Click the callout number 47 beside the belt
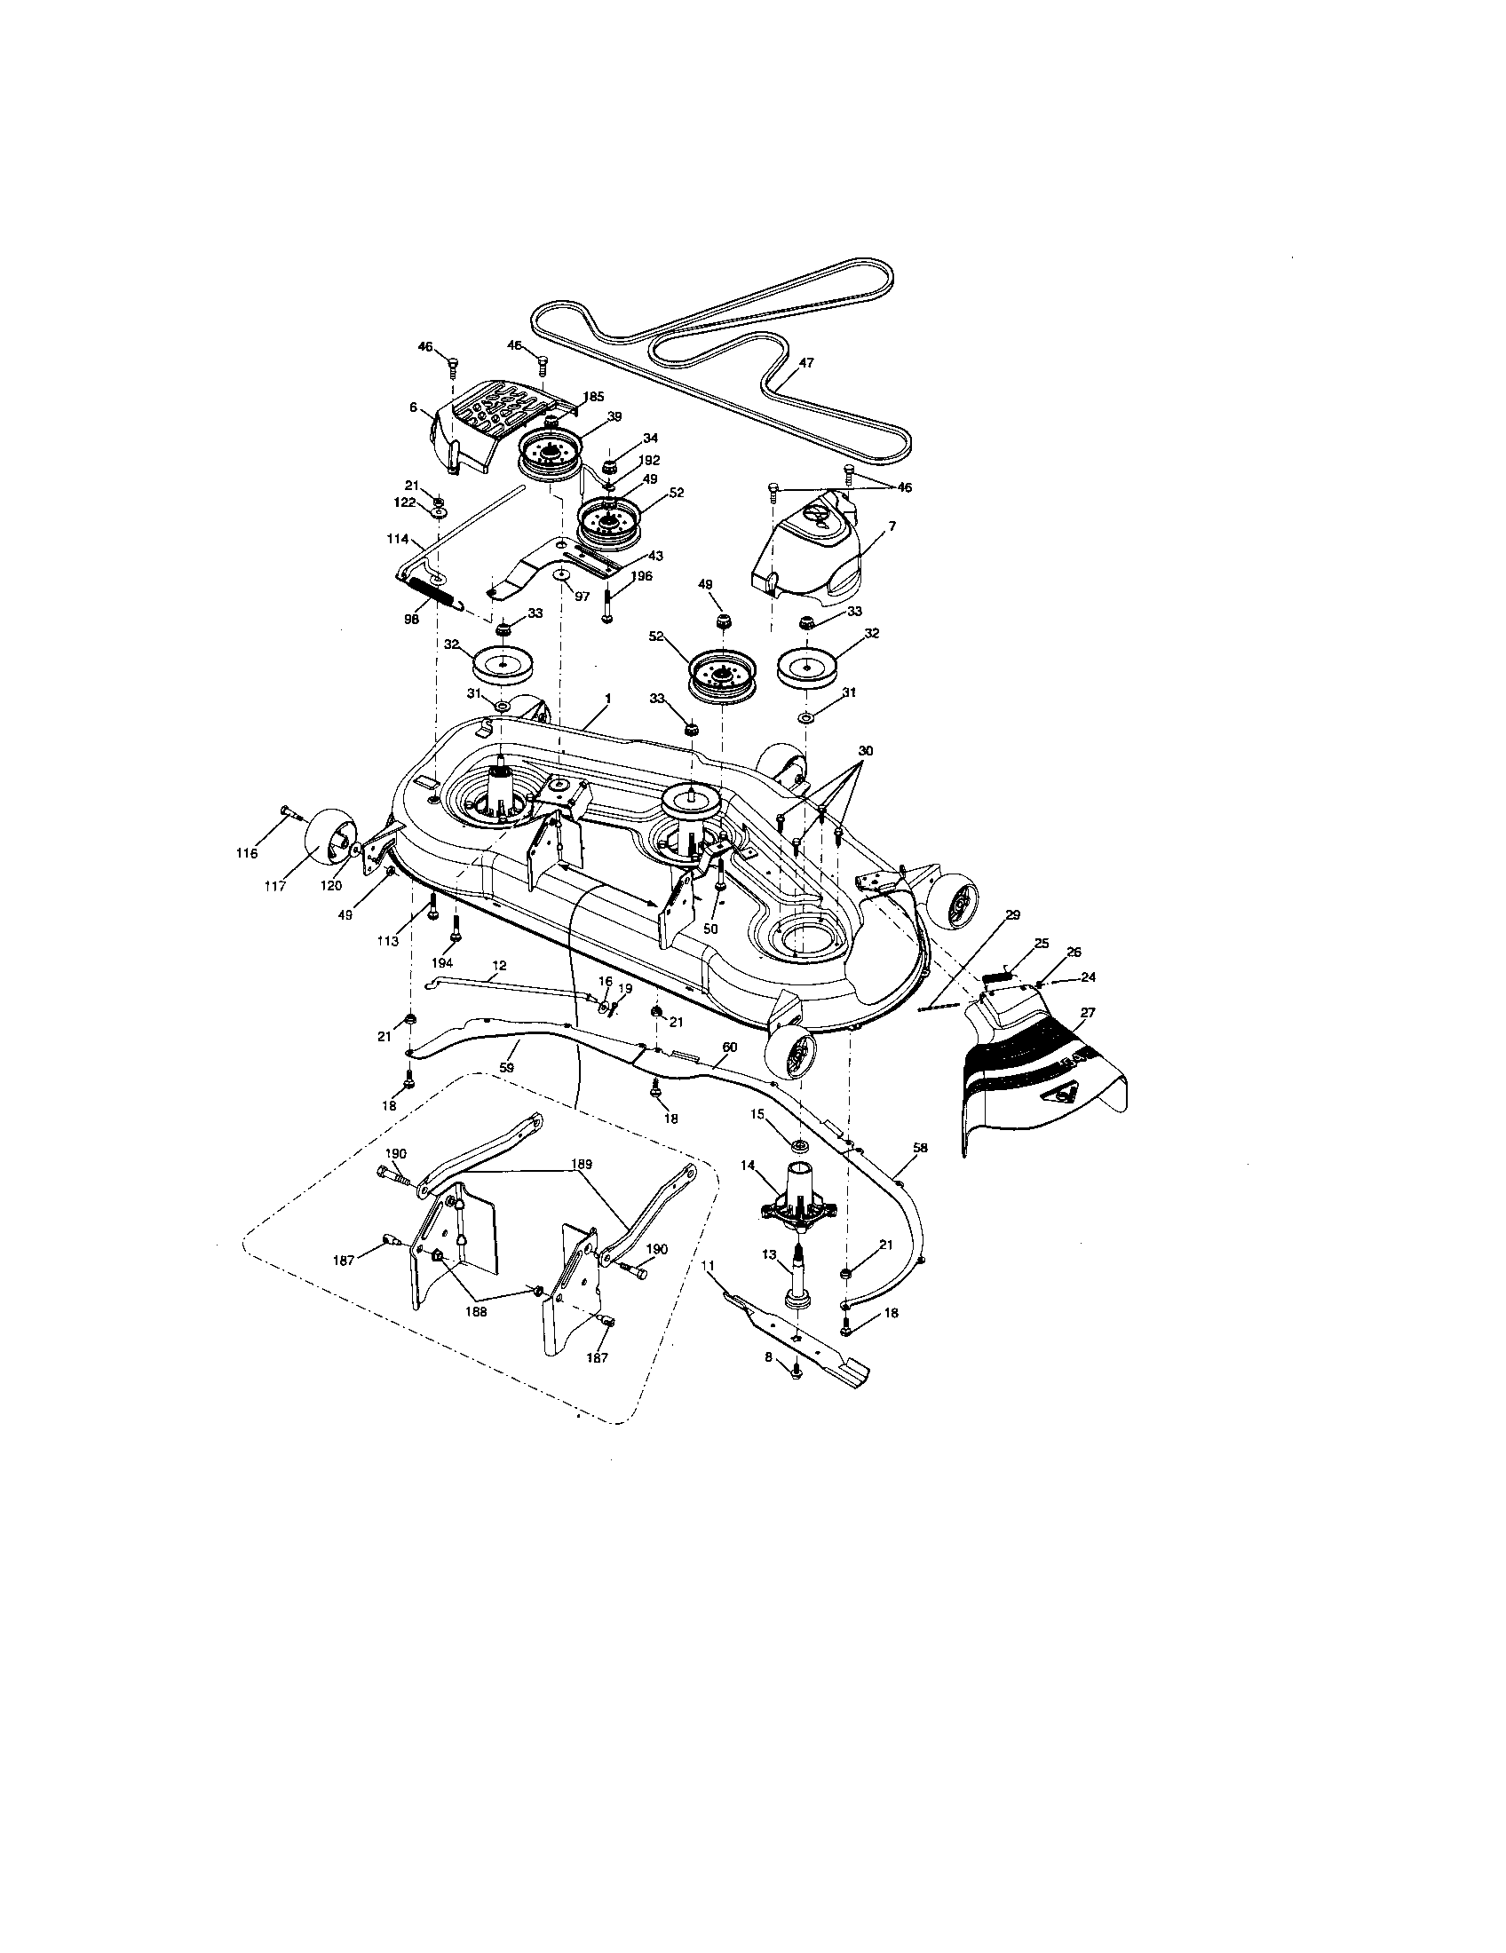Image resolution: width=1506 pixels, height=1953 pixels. coord(806,363)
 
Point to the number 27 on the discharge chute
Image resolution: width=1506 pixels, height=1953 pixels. coord(1088,1013)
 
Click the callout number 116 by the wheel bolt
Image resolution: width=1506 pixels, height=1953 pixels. coord(246,853)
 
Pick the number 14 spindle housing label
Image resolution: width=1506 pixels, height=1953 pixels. coord(748,1166)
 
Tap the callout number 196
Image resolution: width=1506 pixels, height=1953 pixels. coord(640,576)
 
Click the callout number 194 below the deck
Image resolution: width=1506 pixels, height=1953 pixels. coord(442,962)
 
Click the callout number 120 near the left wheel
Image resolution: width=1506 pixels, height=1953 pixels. coord(331,884)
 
